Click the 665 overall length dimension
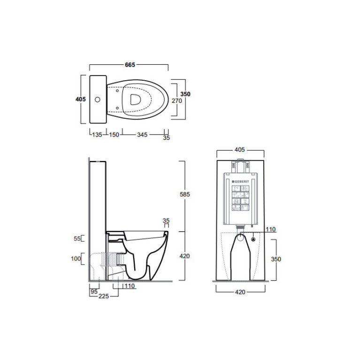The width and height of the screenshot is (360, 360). coord(130,65)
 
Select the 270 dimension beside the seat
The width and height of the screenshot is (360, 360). coord(177,101)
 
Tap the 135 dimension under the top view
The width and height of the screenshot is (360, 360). coord(97,135)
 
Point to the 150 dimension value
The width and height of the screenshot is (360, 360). coord(114,135)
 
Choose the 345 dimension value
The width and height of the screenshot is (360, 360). coord(142,135)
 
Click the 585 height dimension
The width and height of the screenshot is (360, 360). coord(185,194)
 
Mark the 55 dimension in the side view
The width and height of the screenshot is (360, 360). coord(77,239)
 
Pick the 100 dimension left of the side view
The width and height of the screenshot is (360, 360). coord(76,259)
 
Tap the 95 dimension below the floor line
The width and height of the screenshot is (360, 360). coord(94,292)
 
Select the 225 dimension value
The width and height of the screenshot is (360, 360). coord(104,296)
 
